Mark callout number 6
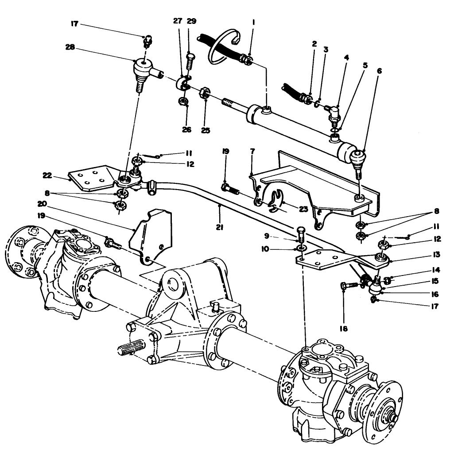[379, 70]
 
